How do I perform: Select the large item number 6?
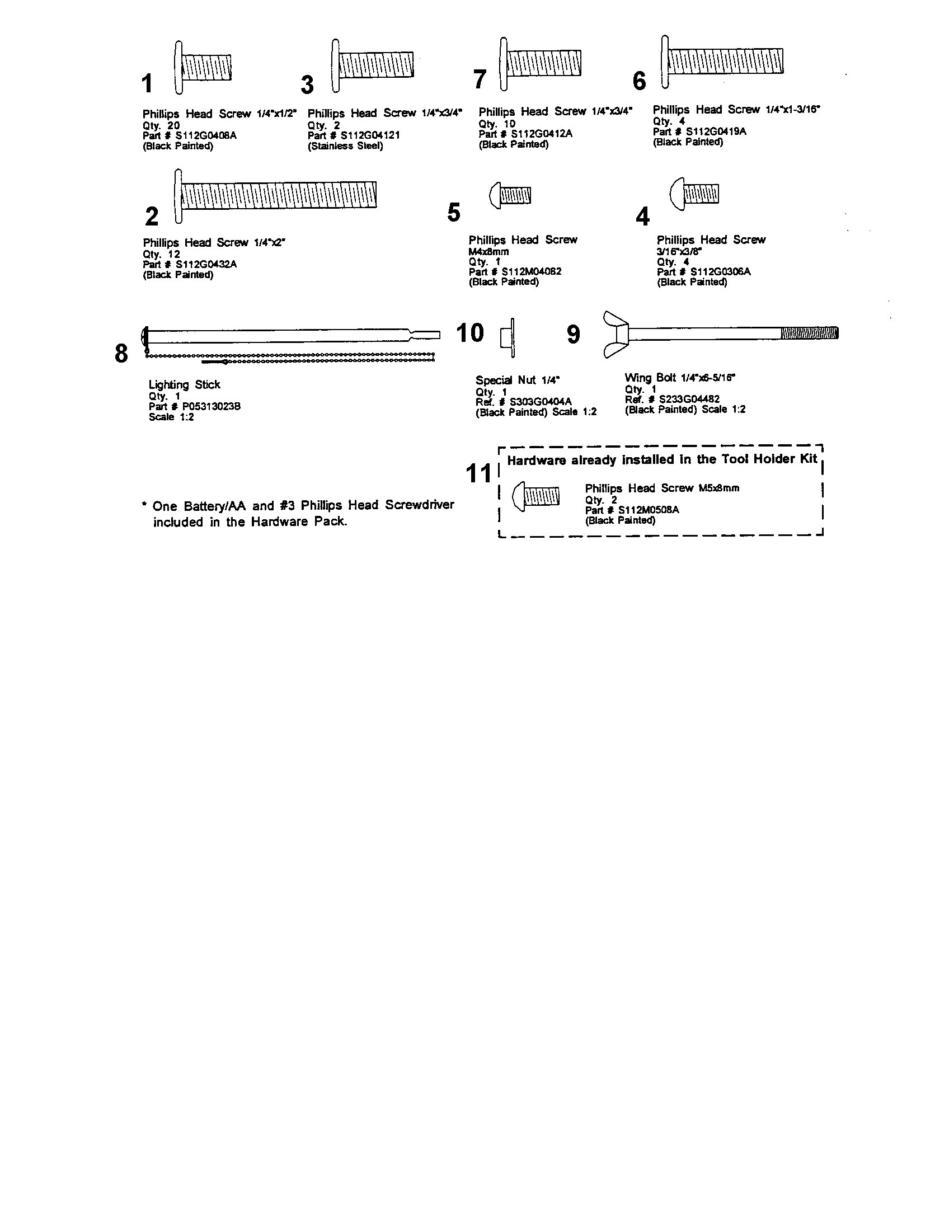click(639, 81)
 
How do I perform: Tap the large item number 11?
click(479, 473)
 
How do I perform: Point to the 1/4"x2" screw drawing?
click(276, 196)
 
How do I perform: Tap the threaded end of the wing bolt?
click(809, 333)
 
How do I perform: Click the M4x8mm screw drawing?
click(510, 196)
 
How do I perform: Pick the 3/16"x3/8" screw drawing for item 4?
click(694, 194)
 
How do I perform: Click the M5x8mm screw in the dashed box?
click(537, 496)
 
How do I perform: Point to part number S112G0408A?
click(205, 135)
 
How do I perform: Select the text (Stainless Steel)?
click(345, 146)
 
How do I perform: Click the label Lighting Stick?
click(184, 384)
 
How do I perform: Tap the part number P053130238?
click(211, 406)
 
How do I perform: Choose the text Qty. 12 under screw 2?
click(161, 254)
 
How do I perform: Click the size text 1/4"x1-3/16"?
click(792, 109)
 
